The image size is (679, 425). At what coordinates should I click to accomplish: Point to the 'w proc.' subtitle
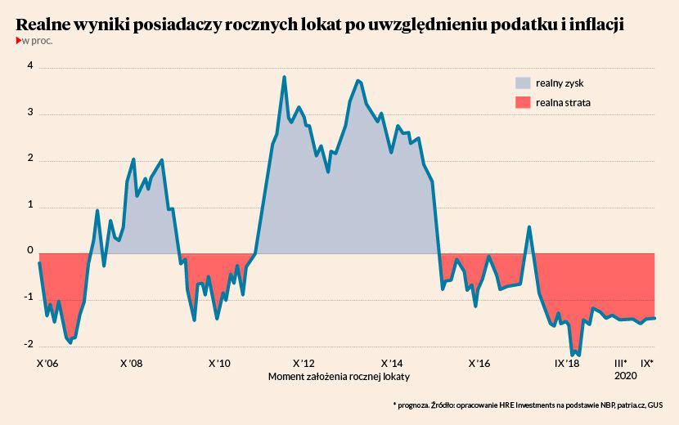38,41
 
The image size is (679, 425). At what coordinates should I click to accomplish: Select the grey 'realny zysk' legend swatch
522,83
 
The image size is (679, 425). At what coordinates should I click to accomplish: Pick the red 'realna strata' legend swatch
522,103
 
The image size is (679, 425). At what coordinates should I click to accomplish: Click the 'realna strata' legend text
564,103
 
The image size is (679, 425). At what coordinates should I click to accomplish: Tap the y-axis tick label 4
29,66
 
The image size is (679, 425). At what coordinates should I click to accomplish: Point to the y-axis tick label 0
29,251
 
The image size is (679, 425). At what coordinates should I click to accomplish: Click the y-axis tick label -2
28,344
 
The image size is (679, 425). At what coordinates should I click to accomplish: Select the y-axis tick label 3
29,113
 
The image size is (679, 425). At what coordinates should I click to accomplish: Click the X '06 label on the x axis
48,363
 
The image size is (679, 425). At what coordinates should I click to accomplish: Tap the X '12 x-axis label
303,363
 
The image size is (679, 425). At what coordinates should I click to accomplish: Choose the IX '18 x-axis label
566,363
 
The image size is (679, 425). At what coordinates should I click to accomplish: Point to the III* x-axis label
621,363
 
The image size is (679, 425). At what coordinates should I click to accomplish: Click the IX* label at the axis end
647,363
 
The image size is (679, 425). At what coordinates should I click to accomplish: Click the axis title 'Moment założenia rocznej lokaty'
339,377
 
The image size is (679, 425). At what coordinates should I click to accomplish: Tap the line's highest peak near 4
284,78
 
